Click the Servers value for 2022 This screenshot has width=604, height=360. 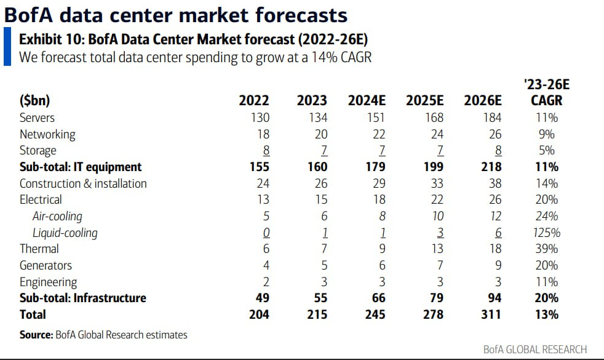[260, 118]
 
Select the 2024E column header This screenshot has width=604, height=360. [367, 100]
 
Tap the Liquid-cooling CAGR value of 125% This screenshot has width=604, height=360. [547, 233]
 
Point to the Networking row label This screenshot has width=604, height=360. [47, 135]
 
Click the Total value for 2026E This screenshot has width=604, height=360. [491, 314]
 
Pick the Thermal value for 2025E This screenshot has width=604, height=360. [437, 249]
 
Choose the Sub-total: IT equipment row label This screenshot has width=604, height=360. [81, 167]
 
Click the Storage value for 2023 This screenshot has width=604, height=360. [324, 150]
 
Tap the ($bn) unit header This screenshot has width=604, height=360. [34, 100]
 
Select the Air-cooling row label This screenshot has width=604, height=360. [57, 216]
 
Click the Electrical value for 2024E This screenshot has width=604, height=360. [379, 199]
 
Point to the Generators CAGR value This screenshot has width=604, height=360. [547, 266]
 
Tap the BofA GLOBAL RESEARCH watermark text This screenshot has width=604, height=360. [535, 349]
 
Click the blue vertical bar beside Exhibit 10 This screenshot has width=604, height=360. [7, 46]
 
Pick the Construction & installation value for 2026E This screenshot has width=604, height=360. [495, 183]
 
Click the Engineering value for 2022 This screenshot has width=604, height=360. [266, 282]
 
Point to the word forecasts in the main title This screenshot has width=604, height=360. [301, 15]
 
